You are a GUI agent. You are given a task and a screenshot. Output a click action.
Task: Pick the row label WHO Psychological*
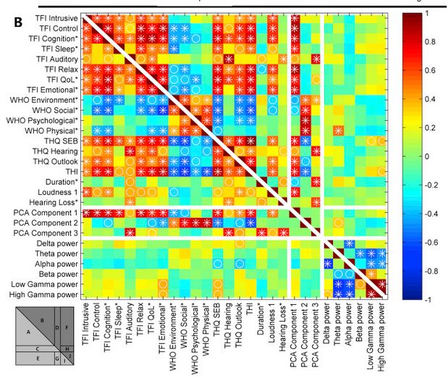pyautogui.click(x=44, y=118)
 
